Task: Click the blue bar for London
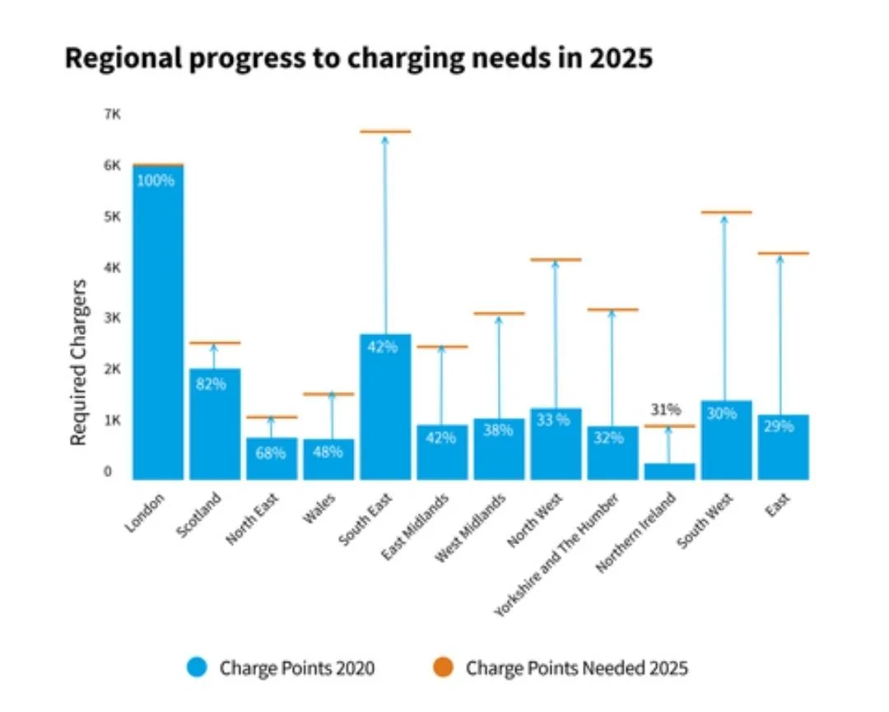(x=158, y=323)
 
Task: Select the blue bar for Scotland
(x=215, y=424)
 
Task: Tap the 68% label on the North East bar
(x=271, y=453)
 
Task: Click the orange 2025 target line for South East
(x=385, y=132)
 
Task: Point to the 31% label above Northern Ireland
(x=666, y=409)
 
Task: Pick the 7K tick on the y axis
(x=112, y=114)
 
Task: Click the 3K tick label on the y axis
(x=112, y=318)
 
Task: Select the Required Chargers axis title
(x=78, y=363)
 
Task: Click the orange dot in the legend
(x=443, y=668)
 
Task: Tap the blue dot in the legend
(x=197, y=668)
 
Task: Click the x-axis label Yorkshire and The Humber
(x=556, y=555)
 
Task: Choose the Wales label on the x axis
(x=319, y=508)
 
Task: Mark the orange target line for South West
(x=726, y=212)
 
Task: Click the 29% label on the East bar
(x=779, y=426)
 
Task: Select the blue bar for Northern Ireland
(x=669, y=472)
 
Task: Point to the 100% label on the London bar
(x=156, y=181)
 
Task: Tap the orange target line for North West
(x=556, y=259)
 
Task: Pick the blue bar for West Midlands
(x=500, y=449)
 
